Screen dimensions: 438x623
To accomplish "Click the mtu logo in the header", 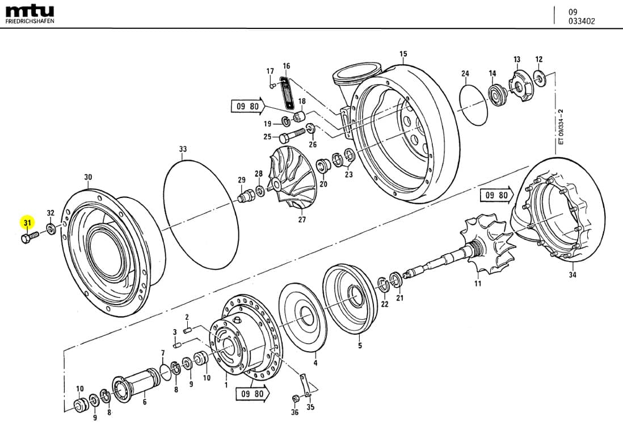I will pos(30,11).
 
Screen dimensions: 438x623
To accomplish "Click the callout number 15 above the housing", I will pos(403,54).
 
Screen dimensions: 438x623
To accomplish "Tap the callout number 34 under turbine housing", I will pos(572,276).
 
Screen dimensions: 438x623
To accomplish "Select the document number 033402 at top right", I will pos(582,22).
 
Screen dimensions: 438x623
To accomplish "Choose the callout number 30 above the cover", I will pos(88,177).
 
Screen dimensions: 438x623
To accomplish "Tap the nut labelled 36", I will pos(295,397).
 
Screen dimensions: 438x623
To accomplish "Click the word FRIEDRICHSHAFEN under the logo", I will pos(30,21).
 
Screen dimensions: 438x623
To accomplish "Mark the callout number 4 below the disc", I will pos(315,363).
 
